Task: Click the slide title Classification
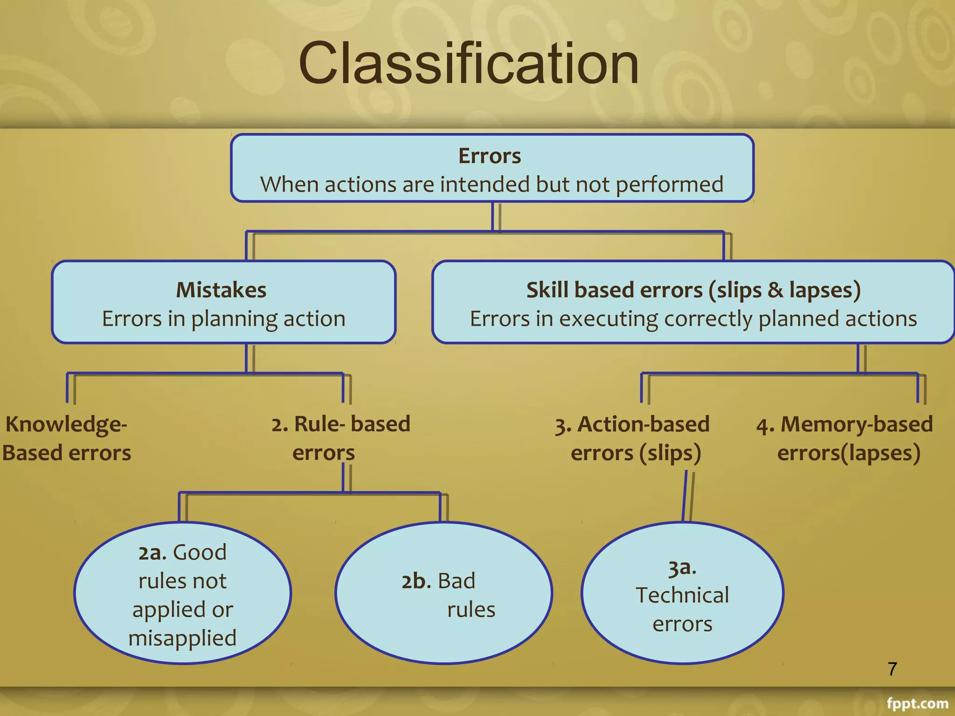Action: tap(469, 63)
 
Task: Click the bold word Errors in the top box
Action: tap(490, 156)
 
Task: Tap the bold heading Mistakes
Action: tap(221, 290)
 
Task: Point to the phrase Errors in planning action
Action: tap(224, 319)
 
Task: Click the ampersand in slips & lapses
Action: tap(775, 290)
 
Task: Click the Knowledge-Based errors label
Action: tap(66, 438)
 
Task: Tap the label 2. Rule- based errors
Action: tap(340, 438)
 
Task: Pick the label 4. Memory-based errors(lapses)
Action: tap(845, 438)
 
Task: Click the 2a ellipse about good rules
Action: tap(183, 593)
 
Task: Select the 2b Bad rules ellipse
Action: tap(443, 593)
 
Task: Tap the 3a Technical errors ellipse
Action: tap(682, 593)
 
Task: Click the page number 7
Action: tap(892, 669)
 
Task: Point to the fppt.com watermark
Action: tap(917, 703)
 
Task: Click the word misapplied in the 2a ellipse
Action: tap(183, 638)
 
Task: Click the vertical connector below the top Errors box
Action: tap(493, 217)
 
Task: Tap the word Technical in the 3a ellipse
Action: tap(682, 595)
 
